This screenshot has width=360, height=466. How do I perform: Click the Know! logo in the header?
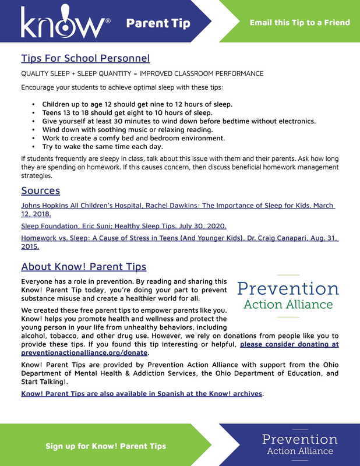click(65, 24)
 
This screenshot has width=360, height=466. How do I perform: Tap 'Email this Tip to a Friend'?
click(299, 23)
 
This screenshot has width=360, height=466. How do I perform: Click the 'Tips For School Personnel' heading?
click(85, 58)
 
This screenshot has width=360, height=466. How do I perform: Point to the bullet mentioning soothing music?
click(128, 129)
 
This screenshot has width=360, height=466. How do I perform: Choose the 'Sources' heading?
click(40, 190)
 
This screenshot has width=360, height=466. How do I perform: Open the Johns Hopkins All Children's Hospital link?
click(178, 206)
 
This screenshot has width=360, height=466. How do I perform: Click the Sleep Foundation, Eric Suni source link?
click(123, 225)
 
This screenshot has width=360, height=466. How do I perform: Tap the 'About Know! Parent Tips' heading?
click(83, 267)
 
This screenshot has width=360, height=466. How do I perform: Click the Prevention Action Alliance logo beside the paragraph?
click(288, 295)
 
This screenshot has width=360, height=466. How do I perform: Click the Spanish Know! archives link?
click(142, 394)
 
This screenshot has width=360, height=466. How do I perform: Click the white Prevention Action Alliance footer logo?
click(299, 444)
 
